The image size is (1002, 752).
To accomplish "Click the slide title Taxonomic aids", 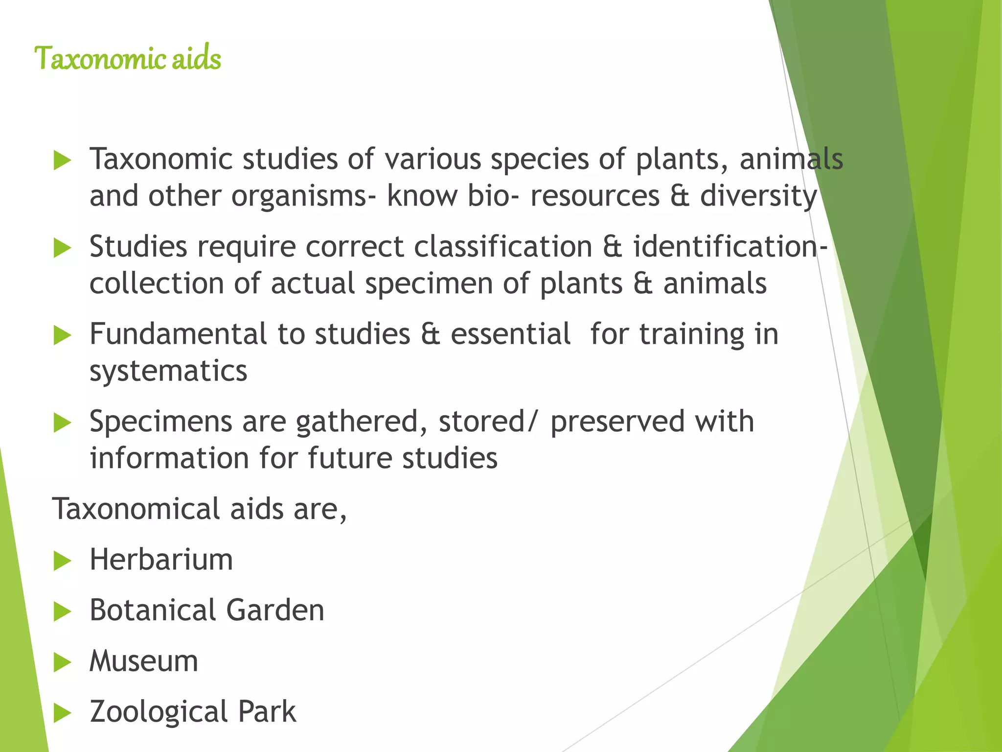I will [x=128, y=58].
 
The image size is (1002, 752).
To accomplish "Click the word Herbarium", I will [x=161, y=560].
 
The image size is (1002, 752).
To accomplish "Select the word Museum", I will [x=143, y=661].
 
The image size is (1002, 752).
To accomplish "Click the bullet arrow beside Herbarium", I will [x=62, y=561].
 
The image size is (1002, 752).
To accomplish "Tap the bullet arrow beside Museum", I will [x=62, y=662].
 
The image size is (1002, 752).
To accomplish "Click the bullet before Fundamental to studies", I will [x=62, y=335].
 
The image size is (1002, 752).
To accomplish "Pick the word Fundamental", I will [x=178, y=334].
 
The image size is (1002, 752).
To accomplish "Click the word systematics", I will [x=168, y=371].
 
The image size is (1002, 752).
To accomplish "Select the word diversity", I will [x=758, y=196].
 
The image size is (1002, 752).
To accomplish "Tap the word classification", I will [x=503, y=246].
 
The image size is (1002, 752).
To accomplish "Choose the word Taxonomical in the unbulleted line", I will [x=136, y=509].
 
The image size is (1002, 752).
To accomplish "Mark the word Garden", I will [x=275, y=611].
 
